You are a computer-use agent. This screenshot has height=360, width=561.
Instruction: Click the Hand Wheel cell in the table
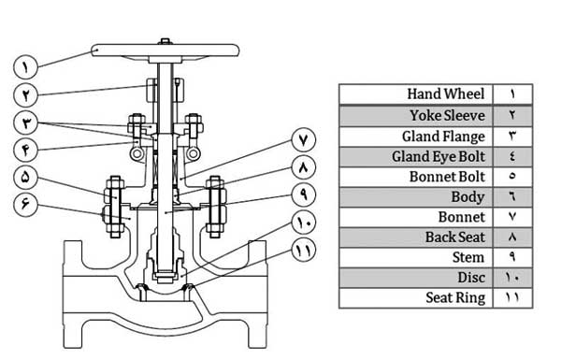point(416,94)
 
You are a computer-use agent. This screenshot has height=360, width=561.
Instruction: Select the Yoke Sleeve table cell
point(416,116)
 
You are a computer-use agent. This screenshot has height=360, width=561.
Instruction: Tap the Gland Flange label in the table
point(443,137)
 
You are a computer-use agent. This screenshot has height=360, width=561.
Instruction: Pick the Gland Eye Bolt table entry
point(416,157)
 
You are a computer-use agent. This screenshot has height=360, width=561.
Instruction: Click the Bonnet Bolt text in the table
point(447,177)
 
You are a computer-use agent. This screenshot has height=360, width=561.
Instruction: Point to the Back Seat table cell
point(416,238)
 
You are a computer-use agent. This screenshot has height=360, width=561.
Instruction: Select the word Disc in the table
point(471,278)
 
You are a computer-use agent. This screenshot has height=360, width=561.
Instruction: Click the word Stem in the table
point(468,257)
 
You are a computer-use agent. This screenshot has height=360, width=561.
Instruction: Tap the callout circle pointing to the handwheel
point(25,67)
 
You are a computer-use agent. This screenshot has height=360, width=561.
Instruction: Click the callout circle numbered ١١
point(304,251)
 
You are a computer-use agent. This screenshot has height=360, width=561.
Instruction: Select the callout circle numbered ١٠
point(304,223)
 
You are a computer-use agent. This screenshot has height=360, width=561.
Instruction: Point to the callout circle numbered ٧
point(304,140)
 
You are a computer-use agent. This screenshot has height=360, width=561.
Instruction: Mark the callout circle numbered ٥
point(25,177)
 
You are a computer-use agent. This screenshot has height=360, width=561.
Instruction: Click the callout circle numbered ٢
point(25,94)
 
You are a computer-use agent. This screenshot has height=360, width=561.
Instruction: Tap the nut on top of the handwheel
point(165,41)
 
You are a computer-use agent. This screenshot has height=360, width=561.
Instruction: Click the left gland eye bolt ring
point(137,154)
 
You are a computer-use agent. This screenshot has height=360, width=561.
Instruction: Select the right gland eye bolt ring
point(193,154)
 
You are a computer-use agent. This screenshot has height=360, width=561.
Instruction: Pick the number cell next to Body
point(512,197)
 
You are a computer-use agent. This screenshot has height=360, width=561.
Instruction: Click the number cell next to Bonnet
point(512,217)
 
